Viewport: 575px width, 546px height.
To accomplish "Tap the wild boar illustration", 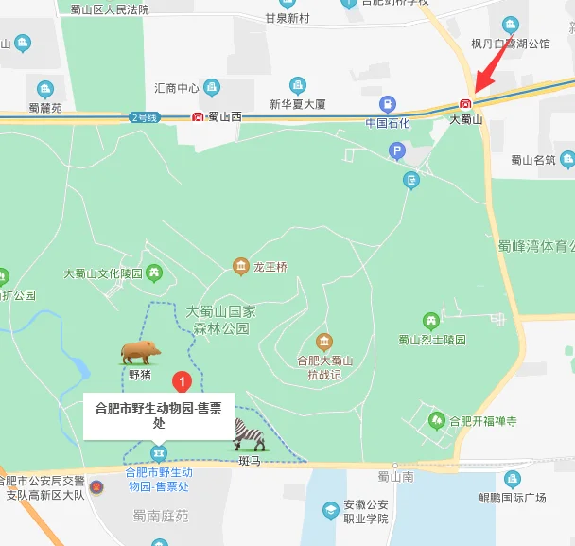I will (x=140, y=352).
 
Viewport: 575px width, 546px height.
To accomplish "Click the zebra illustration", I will (x=250, y=435).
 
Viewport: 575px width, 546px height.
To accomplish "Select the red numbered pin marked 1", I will (x=183, y=382).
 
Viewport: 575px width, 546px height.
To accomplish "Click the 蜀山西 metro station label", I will (x=224, y=117).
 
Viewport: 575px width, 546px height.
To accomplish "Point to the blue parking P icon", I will (x=398, y=150).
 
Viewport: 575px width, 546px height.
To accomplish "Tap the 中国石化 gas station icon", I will (x=388, y=104).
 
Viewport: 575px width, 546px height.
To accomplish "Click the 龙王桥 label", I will (x=270, y=267).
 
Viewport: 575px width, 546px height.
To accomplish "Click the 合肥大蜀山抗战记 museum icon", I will (x=324, y=342).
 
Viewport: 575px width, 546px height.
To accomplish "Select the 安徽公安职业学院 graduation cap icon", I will (x=331, y=511).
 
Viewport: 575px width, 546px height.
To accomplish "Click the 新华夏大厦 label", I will (x=298, y=103).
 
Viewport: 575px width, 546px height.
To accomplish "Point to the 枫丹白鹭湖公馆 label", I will (x=511, y=44).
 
